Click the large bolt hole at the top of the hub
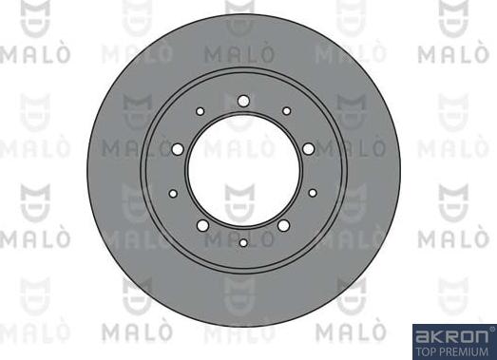pyautogui.click(x=243, y=102)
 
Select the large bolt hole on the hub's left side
pyautogui.click(x=178, y=149)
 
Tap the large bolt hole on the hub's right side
pyautogui.click(x=309, y=149)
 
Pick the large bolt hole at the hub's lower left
pyautogui.click(x=202, y=225)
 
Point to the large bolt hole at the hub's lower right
pyautogui.click(x=284, y=225)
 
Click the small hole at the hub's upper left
pyautogui.click(x=200, y=111)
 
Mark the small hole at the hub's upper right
pyautogui.click(x=287, y=111)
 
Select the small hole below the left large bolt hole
pyautogui.click(x=173, y=194)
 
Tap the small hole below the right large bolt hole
pyautogui.click(x=313, y=193)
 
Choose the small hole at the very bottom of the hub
pyautogui.click(x=243, y=243)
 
